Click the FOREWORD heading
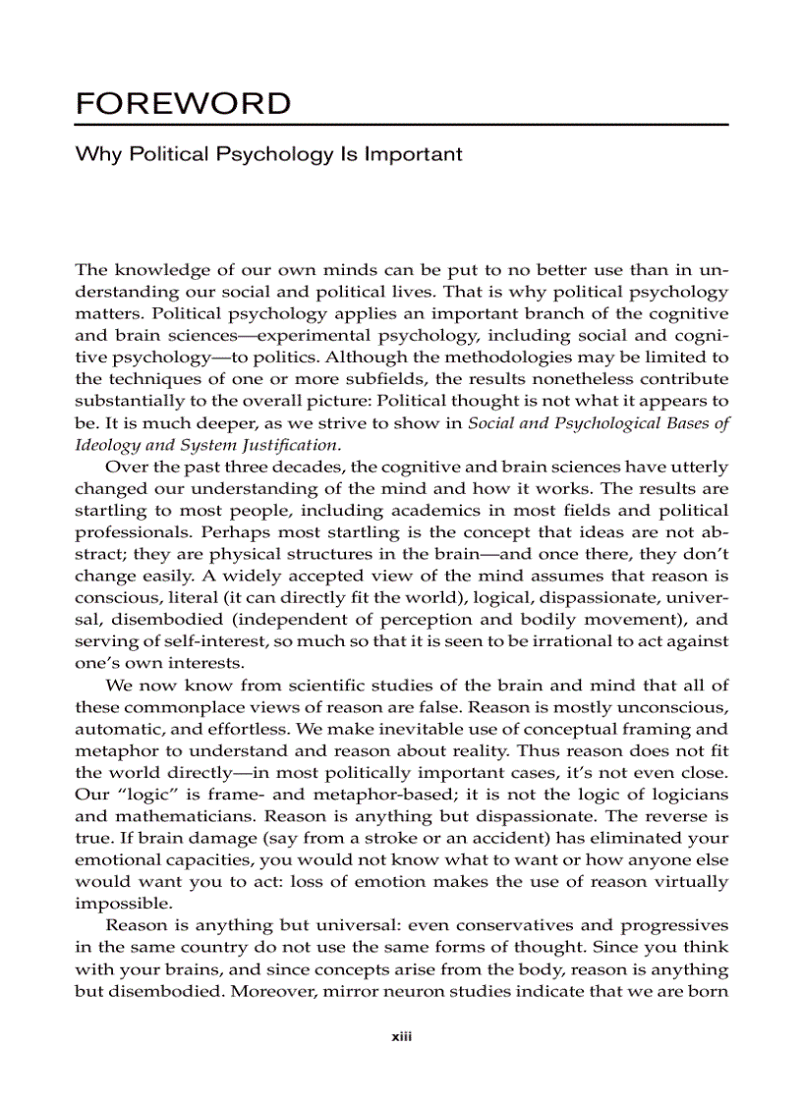(183, 103)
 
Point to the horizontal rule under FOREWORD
(401, 126)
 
